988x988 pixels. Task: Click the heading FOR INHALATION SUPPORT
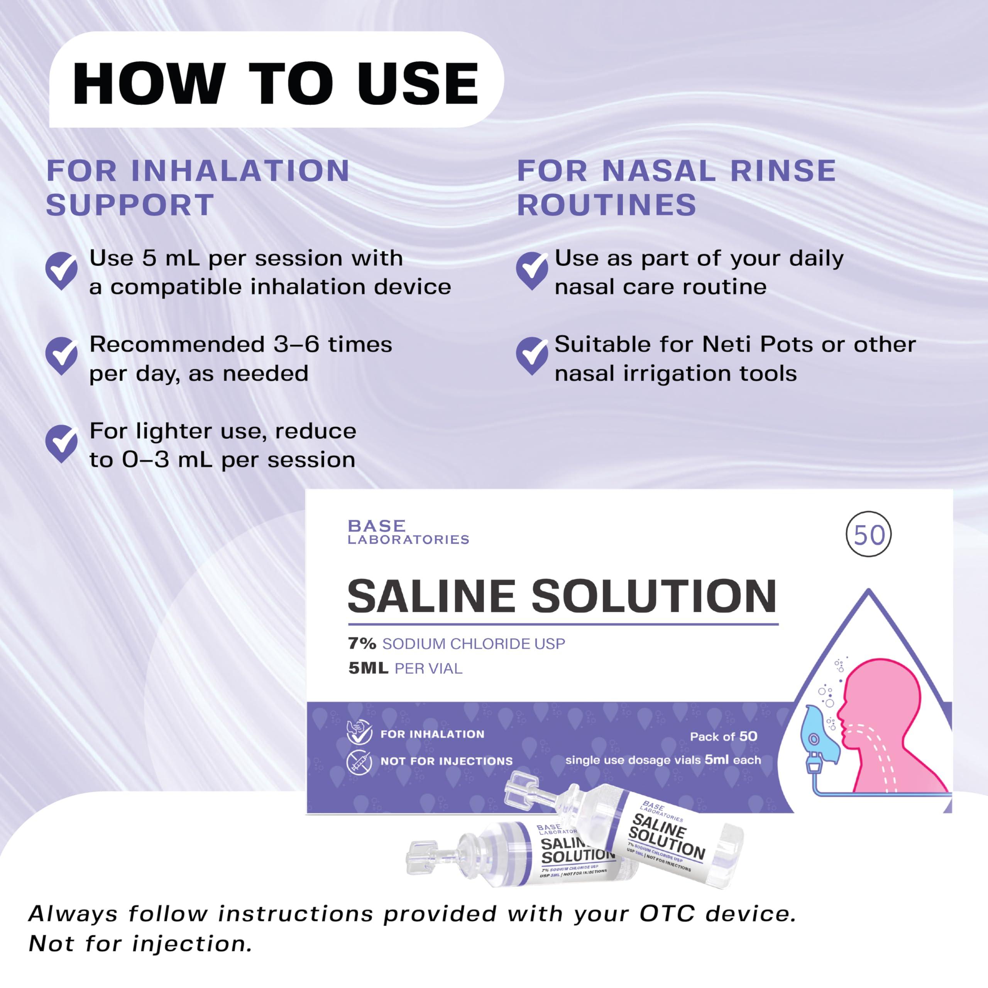[198, 188]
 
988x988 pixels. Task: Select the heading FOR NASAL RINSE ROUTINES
[676, 188]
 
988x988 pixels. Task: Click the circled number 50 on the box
[869, 535]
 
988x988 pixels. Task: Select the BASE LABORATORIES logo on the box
[408, 532]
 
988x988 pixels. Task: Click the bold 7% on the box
[362, 643]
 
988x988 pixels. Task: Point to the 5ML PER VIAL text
[405, 668]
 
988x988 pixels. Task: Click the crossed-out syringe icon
[359, 762]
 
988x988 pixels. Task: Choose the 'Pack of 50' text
[723, 736]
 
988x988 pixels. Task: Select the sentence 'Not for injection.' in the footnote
[140, 944]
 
